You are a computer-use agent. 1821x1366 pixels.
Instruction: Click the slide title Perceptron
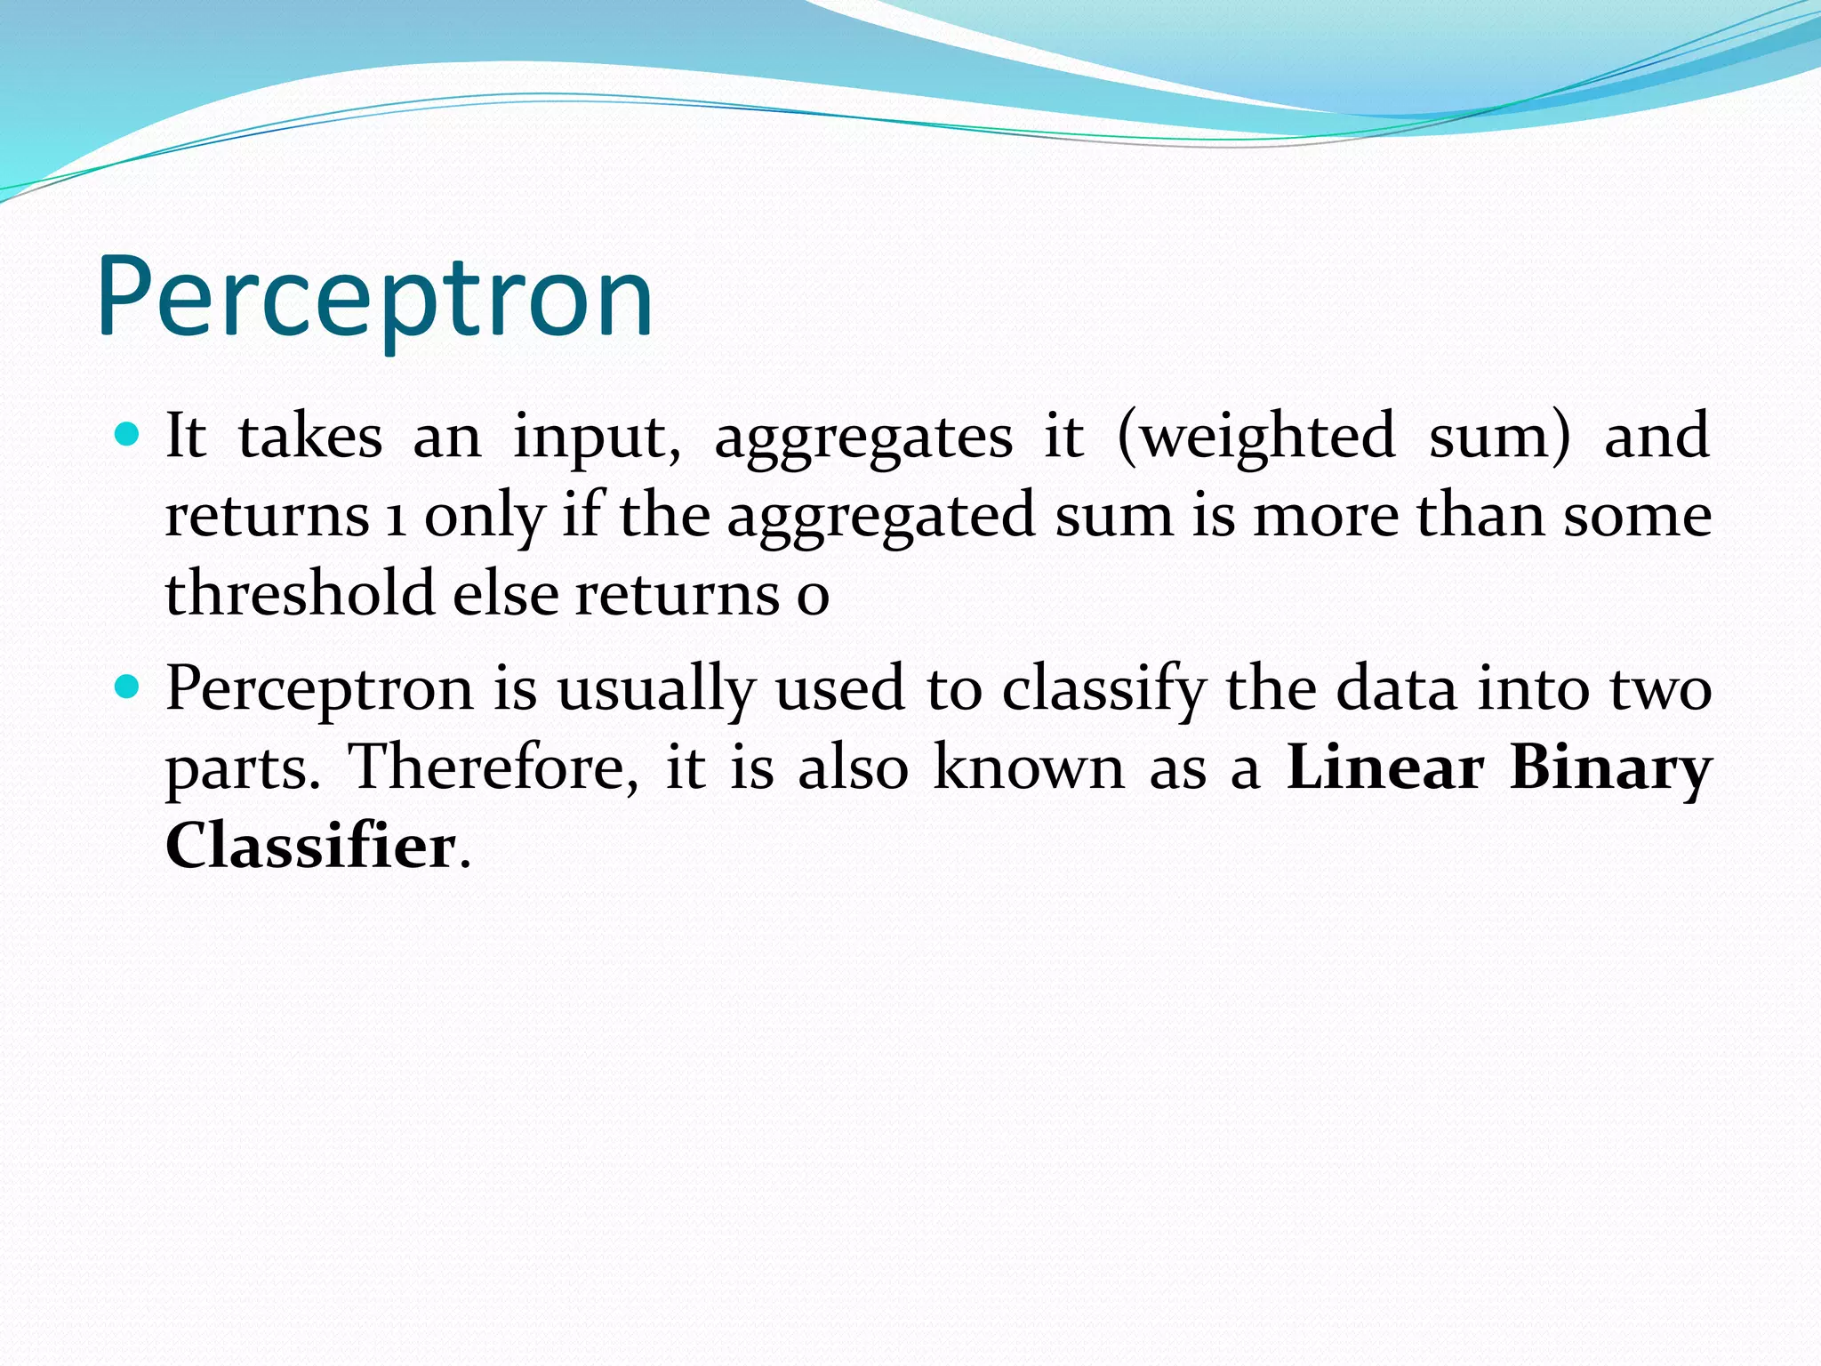point(374,298)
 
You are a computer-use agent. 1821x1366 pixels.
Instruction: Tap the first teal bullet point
point(128,435)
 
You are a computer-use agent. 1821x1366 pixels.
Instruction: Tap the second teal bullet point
point(128,687)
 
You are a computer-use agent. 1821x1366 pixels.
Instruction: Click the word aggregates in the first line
point(862,438)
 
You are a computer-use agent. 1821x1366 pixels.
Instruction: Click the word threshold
point(300,593)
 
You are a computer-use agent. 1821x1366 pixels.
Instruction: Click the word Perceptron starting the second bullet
point(319,690)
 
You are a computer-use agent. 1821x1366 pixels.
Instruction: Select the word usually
point(656,690)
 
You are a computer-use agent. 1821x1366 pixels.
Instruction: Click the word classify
point(1103,690)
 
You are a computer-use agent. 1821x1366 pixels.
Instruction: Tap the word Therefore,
point(492,767)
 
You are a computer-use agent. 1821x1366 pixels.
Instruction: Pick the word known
point(1029,767)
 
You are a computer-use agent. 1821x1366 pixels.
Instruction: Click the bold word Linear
point(1384,767)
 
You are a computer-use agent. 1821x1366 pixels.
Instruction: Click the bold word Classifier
point(310,845)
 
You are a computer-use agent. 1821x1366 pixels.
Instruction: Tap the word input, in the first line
point(597,438)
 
